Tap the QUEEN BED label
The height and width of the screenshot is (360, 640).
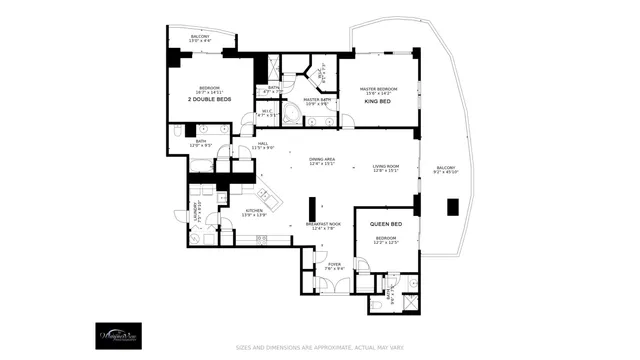pos(386,224)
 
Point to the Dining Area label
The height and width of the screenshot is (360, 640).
pos(321,163)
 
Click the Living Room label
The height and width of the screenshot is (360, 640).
pos(386,168)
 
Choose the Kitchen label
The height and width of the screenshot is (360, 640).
pos(252,213)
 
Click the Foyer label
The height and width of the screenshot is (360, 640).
pos(335,266)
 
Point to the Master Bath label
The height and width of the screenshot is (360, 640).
pos(317,101)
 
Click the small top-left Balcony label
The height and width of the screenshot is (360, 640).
pos(201,39)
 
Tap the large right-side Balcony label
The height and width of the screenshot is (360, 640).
pos(445,169)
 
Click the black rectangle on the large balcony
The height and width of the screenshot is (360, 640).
pos(452,207)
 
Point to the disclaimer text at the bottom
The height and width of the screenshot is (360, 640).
pos(320,348)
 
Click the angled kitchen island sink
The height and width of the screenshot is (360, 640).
pos(266,193)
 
